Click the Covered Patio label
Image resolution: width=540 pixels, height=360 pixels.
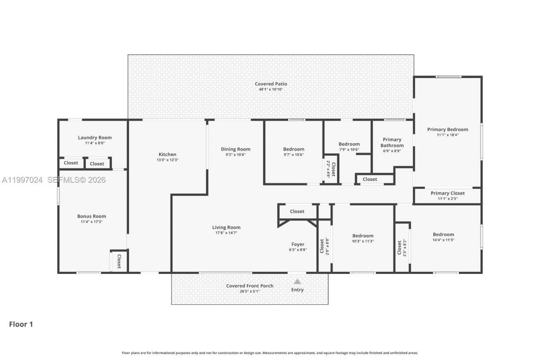tap(270, 84)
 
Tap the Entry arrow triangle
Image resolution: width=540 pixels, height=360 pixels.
tap(297, 282)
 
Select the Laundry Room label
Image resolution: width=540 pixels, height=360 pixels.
tap(94, 138)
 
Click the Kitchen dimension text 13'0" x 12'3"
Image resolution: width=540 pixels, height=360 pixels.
tap(167, 160)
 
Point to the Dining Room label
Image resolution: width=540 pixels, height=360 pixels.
tap(235, 149)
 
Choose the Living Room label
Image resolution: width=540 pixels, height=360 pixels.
tap(226, 227)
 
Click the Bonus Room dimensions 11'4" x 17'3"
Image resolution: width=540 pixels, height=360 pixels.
tap(92, 222)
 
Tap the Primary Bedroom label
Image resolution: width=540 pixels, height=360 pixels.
tap(447, 130)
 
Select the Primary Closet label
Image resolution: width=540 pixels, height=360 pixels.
tap(447, 193)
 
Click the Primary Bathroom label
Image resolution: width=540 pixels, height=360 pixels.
tap(392, 143)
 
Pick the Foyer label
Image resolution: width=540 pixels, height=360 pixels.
tap(298, 244)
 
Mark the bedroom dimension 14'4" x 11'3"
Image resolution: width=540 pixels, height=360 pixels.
tap(443, 240)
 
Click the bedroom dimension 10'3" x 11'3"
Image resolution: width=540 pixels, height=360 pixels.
tap(363, 241)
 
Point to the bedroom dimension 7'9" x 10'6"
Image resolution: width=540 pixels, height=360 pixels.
tap(349, 149)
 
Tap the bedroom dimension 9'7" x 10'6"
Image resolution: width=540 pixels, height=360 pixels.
tap(294, 154)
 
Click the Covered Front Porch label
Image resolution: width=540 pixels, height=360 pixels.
tap(250, 286)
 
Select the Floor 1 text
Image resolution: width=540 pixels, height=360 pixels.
tap(21, 324)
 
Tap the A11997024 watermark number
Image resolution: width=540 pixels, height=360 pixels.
tap(22, 180)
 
